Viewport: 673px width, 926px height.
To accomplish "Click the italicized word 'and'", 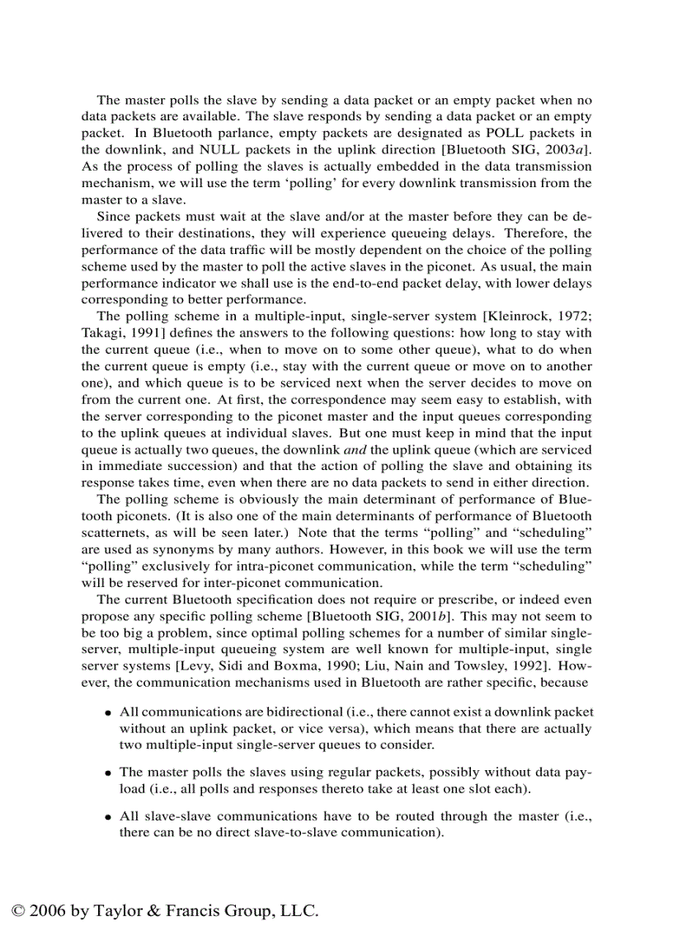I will pos(355,449).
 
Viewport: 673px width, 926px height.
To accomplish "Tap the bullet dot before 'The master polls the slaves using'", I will pos(108,773).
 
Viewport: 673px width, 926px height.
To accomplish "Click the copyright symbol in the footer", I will pos(18,911).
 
